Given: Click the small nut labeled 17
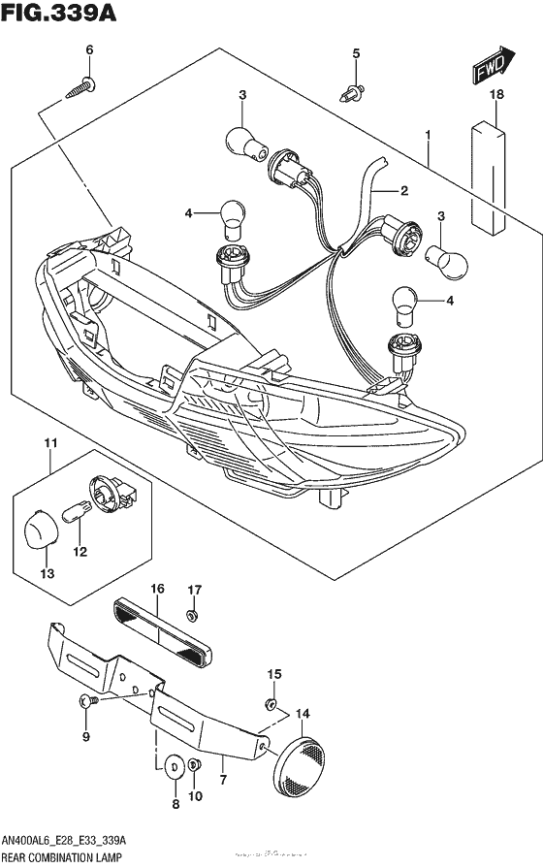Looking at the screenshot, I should pyautogui.click(x=193, y=616).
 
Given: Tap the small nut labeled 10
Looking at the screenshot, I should pyautogui.click(x=194, y=766).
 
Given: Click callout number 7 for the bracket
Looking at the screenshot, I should pyautogui.click(x=223, y=779).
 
